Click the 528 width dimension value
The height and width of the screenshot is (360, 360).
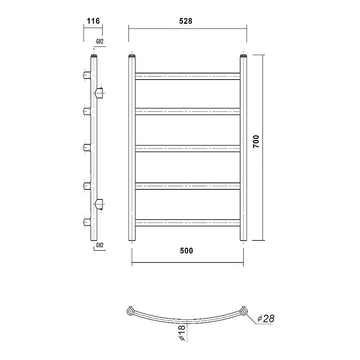tap(185, 21)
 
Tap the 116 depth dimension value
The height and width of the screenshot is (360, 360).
tap(93, 21)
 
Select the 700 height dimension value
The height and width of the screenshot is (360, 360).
tap(256, 141)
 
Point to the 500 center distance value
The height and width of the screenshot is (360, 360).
tap(186, 251)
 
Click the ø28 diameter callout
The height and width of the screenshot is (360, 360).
tap(266, 319)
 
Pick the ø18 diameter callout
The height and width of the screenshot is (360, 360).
tap(181, 333)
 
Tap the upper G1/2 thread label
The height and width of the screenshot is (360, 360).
tap(100, 41)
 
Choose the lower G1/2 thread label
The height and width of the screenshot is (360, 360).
tap(100, 245)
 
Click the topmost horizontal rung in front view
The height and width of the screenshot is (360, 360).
tap(188, 76)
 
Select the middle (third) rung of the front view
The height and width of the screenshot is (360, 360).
tap(188, 149)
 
